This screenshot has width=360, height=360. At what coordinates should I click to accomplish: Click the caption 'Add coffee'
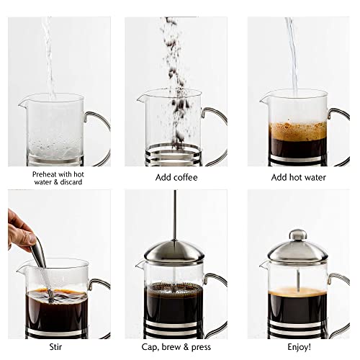click(176, 177)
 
